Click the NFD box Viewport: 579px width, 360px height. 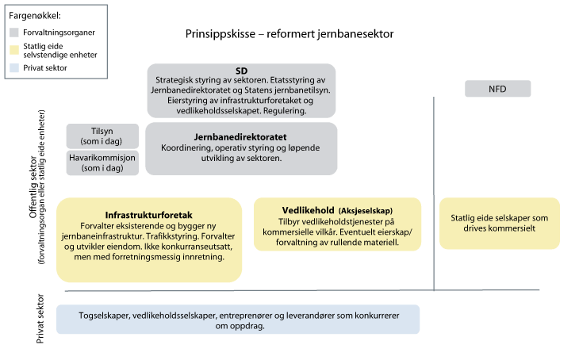(x=497, y=89)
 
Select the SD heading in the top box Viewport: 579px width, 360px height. (x=241, y=71)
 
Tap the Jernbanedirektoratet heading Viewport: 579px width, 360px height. (x=240, y=136)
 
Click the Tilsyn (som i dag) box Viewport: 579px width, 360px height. (x=102, y=136)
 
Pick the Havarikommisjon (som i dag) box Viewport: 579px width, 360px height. (x=102, y=163)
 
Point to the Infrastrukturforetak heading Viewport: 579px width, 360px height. (x=149, y=215)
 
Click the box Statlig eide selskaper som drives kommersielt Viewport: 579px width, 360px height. (x=499, y=223)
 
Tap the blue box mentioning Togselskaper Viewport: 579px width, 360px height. (x=237, y=319)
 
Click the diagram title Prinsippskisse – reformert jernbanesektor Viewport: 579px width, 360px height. (x=289, y=35)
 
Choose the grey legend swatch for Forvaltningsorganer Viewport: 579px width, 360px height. (x=14, y=33)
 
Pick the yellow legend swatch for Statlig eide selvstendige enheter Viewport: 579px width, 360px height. (x=14, y=50)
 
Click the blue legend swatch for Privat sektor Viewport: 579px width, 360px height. (x=14, y=68)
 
